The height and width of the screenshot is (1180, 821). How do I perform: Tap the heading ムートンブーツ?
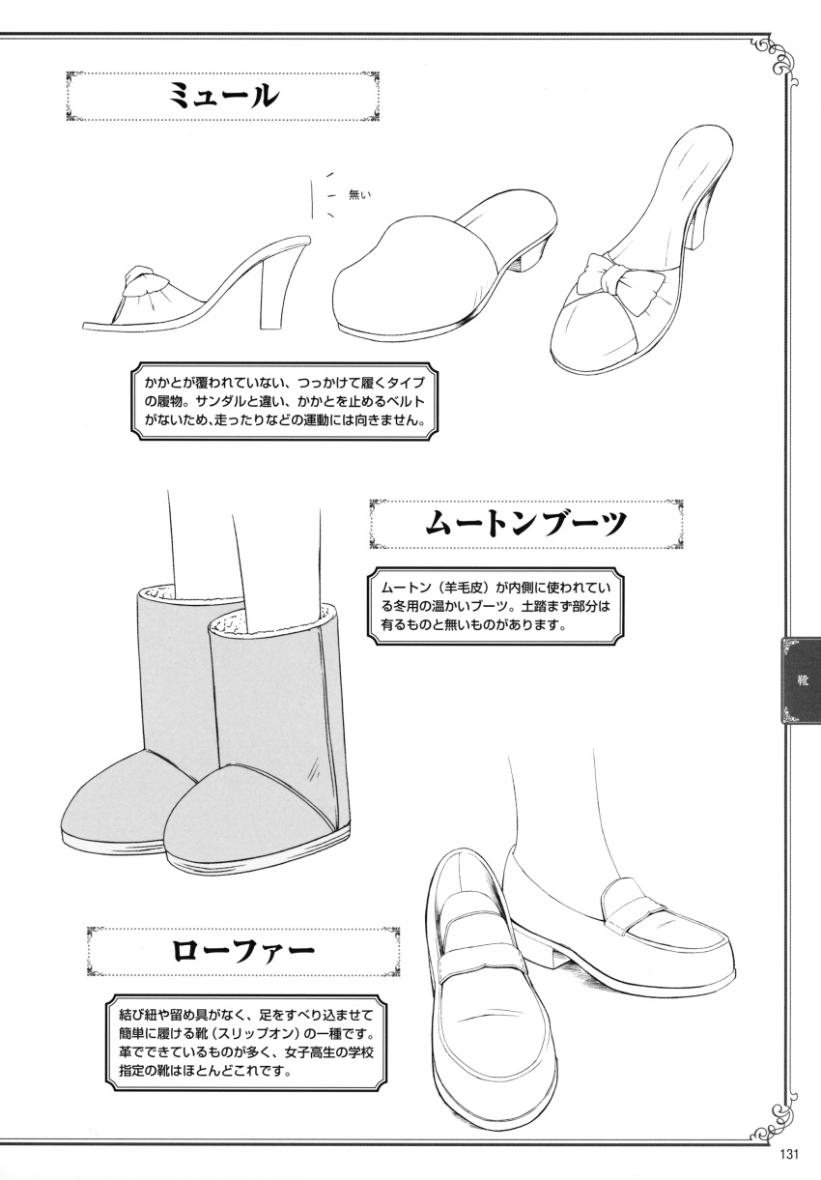pyautogui.click(x=525, y=528)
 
